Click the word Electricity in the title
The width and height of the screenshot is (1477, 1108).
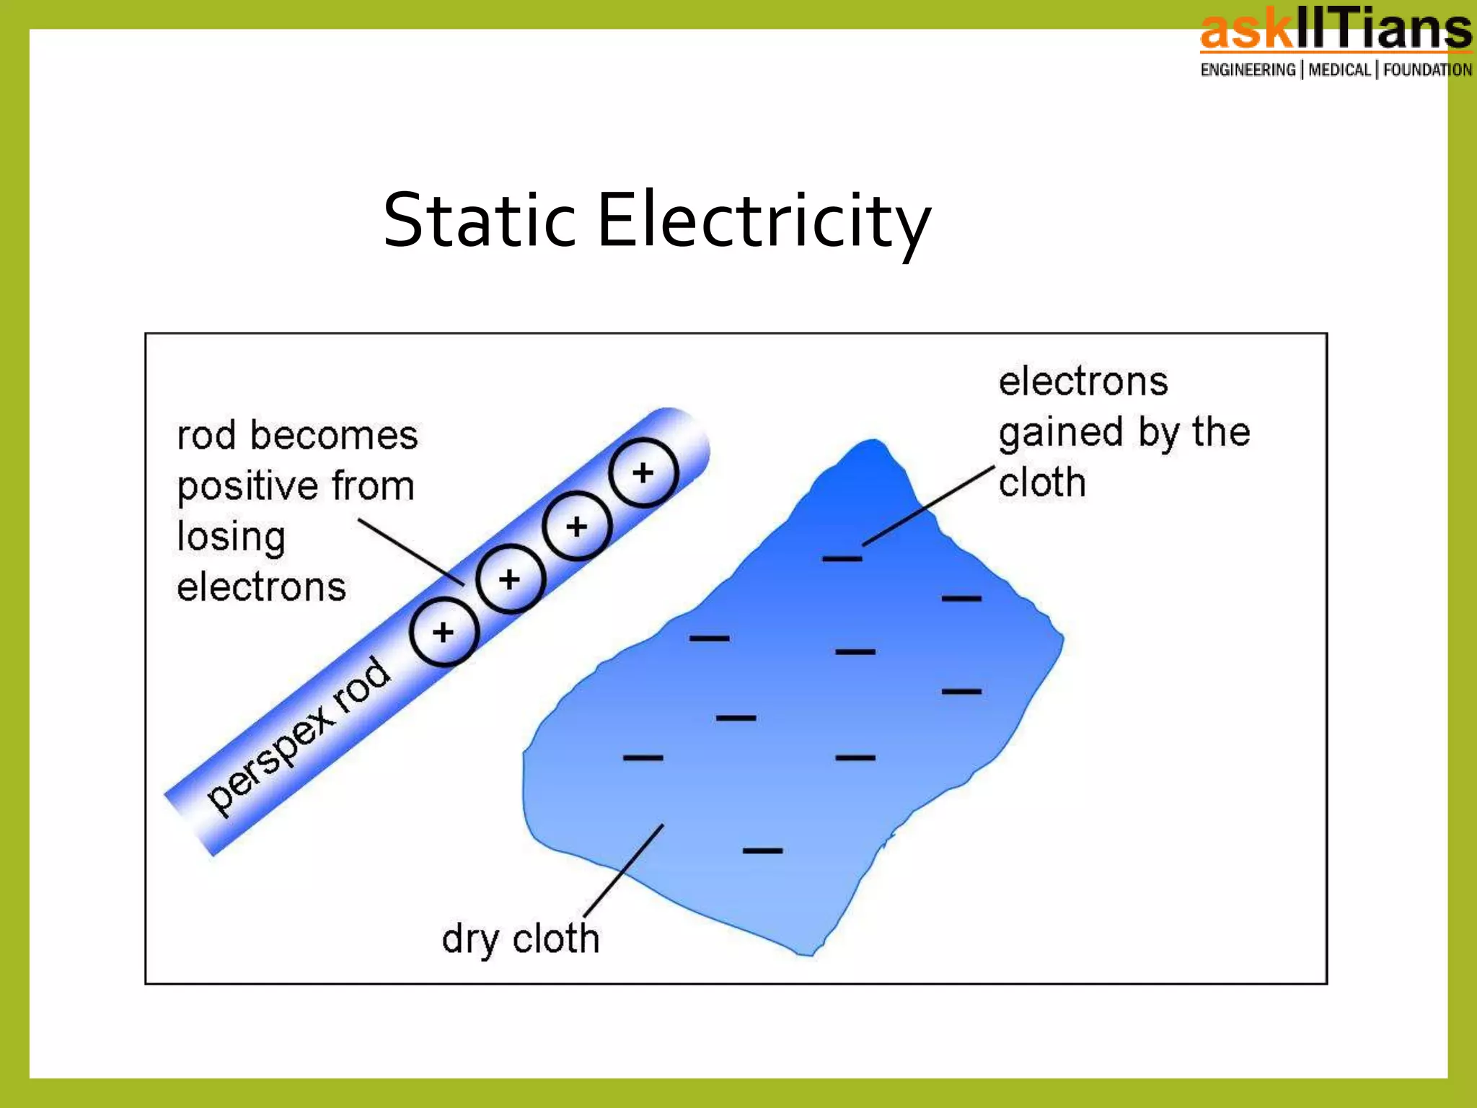coord(764,220)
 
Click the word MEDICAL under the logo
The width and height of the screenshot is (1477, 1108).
coord(1339,70)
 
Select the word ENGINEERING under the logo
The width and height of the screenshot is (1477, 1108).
coord(1248,70)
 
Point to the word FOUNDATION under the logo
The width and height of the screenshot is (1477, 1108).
coord(1427,70)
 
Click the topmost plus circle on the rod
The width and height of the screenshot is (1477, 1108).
coord(643,473)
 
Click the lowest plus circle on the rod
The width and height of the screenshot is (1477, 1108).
coord(444,632)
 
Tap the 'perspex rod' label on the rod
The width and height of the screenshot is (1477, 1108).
coord(299,736)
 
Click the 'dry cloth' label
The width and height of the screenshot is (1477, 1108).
coord(521,938)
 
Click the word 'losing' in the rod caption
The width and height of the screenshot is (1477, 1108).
coord(231,537)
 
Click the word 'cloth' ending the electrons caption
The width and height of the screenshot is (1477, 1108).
coord(1042,482)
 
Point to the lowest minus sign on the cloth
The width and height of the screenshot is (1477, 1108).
coord(762,850)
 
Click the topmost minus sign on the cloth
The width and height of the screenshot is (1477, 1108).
coord(842,558)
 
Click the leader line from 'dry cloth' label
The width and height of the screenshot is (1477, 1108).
coord(623,871)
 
